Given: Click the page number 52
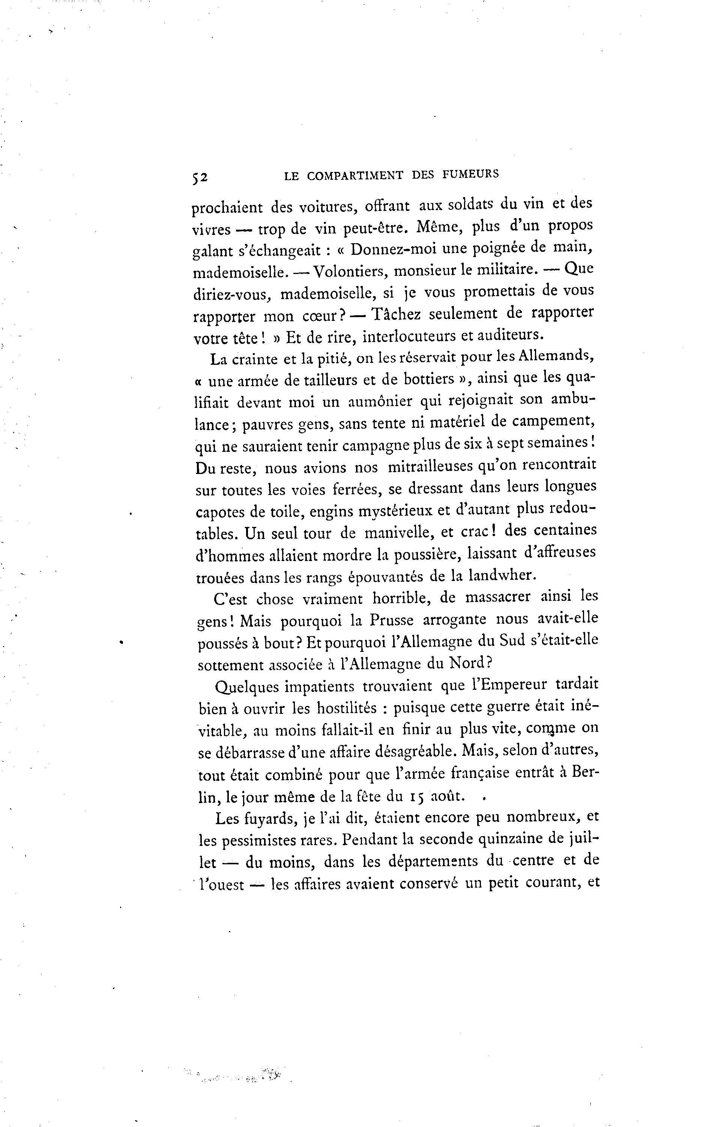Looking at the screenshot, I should click(x=199, y=178).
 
